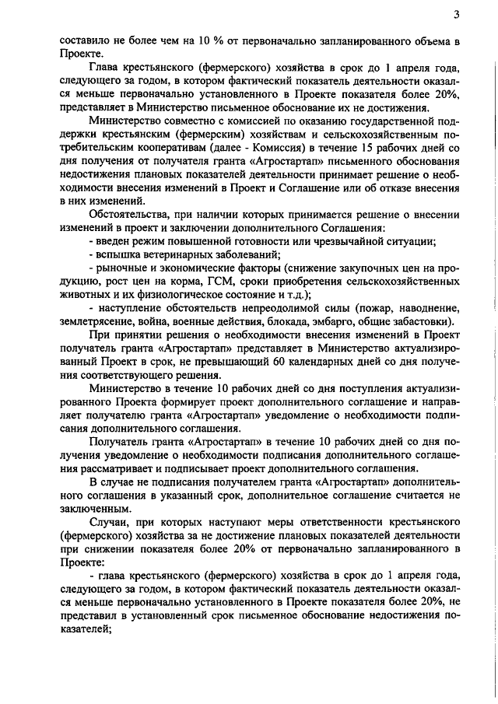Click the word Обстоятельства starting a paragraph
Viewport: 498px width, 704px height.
pyautogui.click(x=128, y=214)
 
